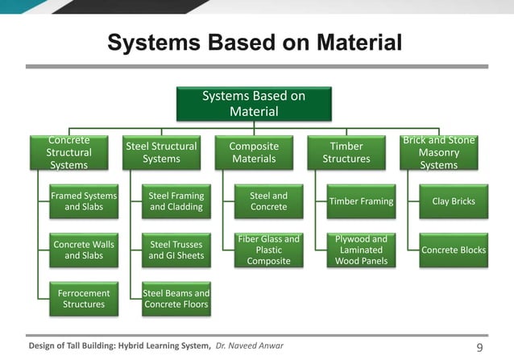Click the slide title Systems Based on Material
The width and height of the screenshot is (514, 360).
pyautogui.click(x=255, y=42)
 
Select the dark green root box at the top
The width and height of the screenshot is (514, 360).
pyautogui.click(x=254, y=104)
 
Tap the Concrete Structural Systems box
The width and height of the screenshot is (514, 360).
pyautogui.click(x=69, y=152)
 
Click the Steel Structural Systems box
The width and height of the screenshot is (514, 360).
pyautogui.click(x=161, y=152)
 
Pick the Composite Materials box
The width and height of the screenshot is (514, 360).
pyautogui.click(x=254, y=152)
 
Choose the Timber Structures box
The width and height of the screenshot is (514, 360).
pyautogui.click(x=346, y=152)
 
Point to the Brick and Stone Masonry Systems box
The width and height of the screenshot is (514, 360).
pyautogui.click(x=439, y=152)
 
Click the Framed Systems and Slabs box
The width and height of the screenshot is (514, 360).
pyautogui.click(x=84, y=201)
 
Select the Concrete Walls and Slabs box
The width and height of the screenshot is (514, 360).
pyautogui.click(x=84, y=250)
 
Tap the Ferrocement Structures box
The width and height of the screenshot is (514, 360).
pyautogui.click(x=84, y=299)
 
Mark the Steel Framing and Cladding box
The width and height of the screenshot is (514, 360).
pyautogui.click(x=176, y=201)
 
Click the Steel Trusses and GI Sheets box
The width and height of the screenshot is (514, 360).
pyautogui.click(x=176, y=250)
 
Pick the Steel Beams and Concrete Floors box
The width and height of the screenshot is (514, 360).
pyautogui.click(x=176, y=299)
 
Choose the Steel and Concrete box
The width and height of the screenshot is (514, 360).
pyautogui.click(x=268, y=201)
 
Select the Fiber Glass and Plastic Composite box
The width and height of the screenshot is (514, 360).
pyautogui.click(x=268, y=250)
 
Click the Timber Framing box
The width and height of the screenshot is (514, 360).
pyautogui.click(x=361, y=201)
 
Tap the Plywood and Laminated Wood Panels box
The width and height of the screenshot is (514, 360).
pyautogui.click(x=361, y=250)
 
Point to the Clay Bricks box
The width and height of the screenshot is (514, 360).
pyautogui.click(x=454, y=201)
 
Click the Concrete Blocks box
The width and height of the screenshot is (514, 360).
pyautogui.click(x=454, y=250)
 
